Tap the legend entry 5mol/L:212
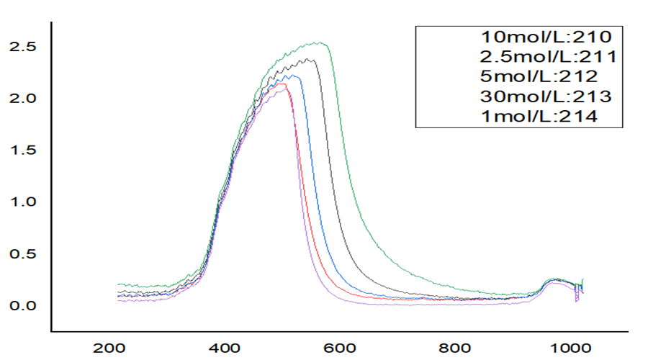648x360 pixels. tap(541, 76)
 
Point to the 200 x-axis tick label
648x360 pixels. tap(111, 347)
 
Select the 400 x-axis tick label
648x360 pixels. tap(227, 347)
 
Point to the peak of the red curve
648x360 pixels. tap(285, 84)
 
